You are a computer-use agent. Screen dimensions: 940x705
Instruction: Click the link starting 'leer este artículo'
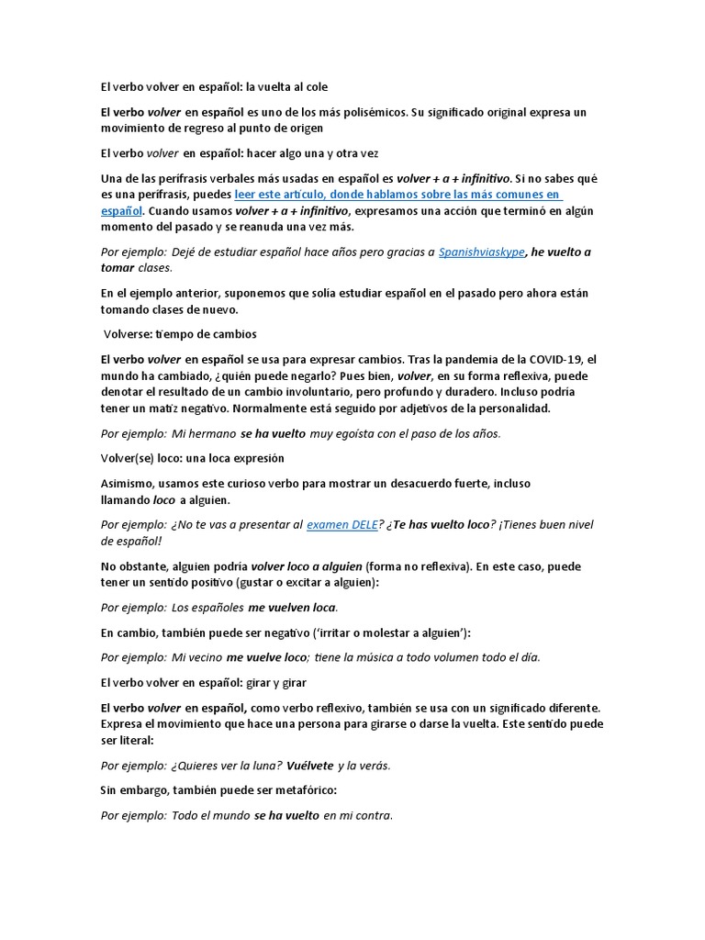[x=397, y=196]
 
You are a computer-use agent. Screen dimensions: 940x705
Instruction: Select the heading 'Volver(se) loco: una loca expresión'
[x=192, y=458]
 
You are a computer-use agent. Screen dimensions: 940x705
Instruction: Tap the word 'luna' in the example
[x=262, y=765]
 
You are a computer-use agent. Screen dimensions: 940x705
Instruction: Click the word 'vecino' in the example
[x=196, y=656]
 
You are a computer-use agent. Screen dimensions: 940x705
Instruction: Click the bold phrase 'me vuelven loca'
[x=292, y=608]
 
